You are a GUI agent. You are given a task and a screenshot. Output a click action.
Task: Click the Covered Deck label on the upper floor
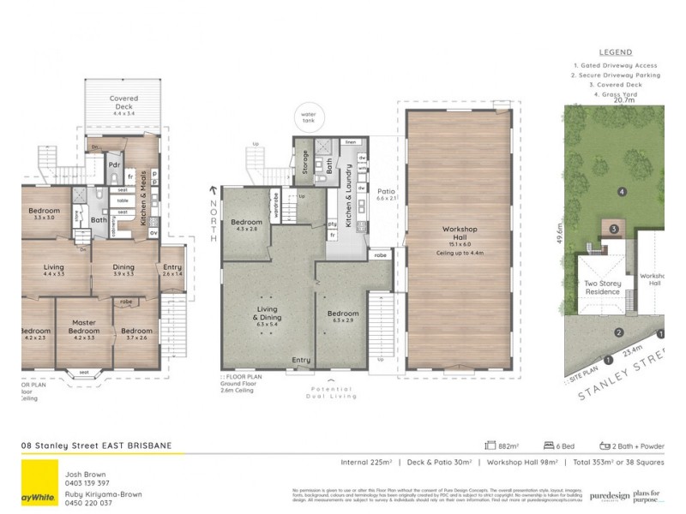(124, 103)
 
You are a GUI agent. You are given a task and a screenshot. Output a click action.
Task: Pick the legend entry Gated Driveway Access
(615, 65)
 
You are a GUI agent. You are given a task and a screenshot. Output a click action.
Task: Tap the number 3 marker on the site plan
(614, 229)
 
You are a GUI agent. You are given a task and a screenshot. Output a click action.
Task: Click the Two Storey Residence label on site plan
(603, 288)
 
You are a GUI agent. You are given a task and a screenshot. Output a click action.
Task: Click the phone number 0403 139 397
(84, 482)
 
